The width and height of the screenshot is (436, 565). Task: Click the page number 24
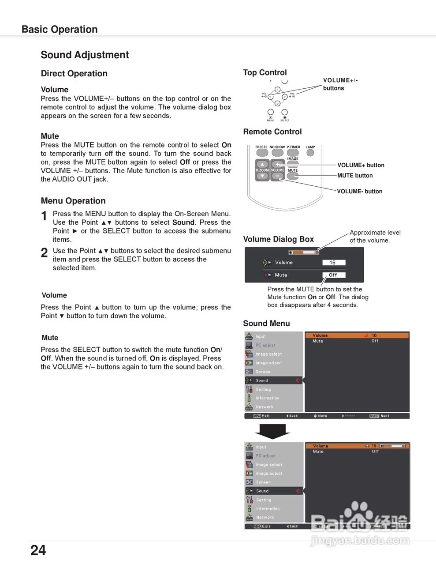[38, 550]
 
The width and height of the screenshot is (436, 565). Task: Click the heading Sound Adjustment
[85, 55]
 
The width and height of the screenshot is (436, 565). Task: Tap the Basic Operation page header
[60, 29]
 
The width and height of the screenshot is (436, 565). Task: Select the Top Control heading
[265, 72]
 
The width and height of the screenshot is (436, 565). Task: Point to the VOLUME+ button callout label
[361, 165]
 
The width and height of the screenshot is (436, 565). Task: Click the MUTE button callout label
[355, 175]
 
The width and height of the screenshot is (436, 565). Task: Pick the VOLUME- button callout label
[359, 191]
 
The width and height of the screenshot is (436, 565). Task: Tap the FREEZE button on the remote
[262, 153]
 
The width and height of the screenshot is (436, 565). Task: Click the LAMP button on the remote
[310, 153]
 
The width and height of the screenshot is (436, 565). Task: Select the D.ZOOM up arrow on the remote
[262, 165]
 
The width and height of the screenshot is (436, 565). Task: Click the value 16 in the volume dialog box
[333, 263]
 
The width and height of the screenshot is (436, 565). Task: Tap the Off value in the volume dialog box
[333, 275]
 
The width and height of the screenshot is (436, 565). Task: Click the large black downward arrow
[272, 431]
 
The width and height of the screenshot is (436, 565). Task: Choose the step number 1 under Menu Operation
[44, 216]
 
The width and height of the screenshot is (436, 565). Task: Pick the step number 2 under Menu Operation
[44, 252]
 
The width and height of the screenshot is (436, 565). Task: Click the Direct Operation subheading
[74, 73]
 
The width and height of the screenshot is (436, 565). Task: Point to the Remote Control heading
[272, 132]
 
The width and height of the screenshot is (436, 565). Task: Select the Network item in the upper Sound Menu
[264, 407]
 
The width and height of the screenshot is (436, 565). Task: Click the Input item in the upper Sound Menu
[261, 336]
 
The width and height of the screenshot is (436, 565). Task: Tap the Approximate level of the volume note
[375, 236]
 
